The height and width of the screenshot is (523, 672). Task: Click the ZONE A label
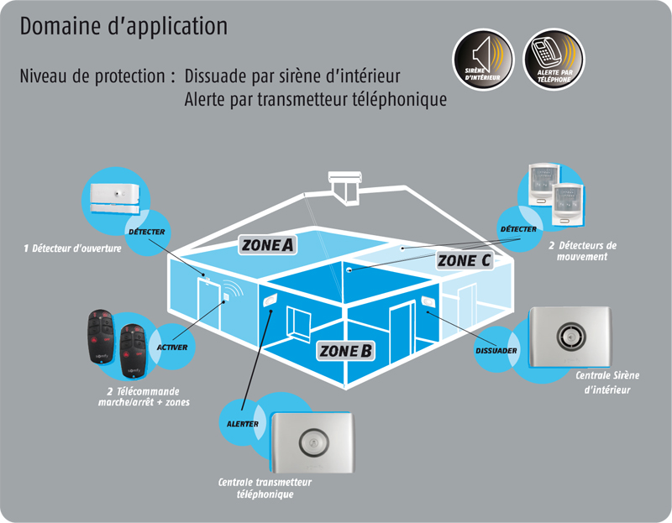pos(267,245)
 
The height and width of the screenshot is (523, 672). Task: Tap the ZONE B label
pos(345,351)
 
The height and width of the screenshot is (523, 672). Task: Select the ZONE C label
pos(465,260)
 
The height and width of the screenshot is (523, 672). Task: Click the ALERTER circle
pos(243,423)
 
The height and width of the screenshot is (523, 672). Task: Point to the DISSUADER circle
pos(496,349)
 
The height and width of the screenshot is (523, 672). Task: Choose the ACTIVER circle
pos(172,347)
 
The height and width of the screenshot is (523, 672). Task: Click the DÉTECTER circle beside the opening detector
pos(147,233)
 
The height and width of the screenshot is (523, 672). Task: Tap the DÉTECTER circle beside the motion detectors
pos(519,229)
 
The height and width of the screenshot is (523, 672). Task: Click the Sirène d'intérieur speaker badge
pos(483,60)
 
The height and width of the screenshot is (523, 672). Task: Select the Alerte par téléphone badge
pos(554,60)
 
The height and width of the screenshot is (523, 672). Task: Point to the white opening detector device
pos(115,198)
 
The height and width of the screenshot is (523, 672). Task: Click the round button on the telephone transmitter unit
pos(313,442)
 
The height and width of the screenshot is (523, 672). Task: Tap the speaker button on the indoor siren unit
pos(571,337)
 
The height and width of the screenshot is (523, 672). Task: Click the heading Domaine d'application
pos(123,26)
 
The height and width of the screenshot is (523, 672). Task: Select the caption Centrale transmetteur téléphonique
pos(265,489)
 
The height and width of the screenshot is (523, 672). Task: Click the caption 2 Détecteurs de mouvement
pos(582,251)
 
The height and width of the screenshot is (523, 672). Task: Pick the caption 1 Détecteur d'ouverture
pos(72,248)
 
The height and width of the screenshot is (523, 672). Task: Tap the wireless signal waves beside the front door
pos(234,288)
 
